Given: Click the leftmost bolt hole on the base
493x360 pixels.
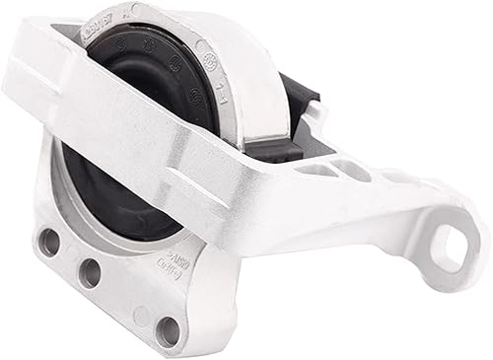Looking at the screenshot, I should tap(49, 242).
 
